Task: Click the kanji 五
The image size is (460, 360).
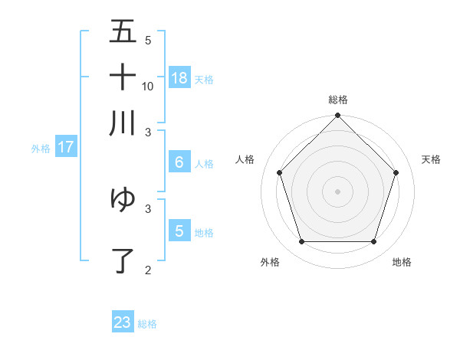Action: [x=123, y=31]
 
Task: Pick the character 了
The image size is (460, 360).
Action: [x=123, y=261]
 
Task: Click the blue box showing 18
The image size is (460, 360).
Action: [x=179, y=77]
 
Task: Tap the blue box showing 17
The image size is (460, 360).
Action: [x=65, y=147]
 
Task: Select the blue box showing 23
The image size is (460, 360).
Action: [x=123, y=322]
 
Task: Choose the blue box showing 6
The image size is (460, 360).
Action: [x=179, y=162]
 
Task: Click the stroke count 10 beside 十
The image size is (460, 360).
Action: [x=148, y=86]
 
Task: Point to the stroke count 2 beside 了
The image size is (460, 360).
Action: [x=148, y=270]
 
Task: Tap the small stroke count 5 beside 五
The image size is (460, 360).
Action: [x=148, y=40]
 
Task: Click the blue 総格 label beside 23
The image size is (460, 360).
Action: [x=147, y=324]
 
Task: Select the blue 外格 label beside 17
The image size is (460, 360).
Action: [x=41, y=149]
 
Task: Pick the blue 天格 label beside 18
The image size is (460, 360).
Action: [x=204, y=79]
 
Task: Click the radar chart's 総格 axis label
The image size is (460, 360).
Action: [x=338, y=100]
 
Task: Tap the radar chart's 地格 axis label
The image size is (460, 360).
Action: [x=402, y=262]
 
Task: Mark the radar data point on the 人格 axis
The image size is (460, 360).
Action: [x=279, y=172]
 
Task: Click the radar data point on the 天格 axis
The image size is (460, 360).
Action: [x=396, y=172]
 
